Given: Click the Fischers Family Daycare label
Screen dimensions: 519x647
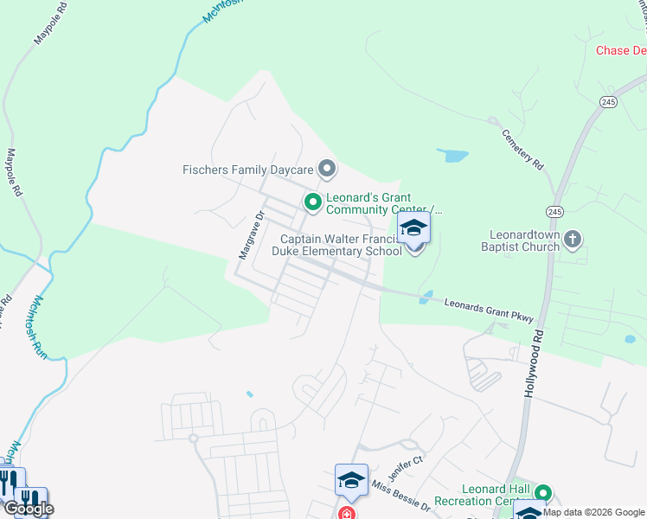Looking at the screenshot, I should pos(247,170).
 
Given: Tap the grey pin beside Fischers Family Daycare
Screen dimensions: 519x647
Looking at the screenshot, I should pos(326,168).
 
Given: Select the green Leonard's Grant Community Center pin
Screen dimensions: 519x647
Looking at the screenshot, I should pos(312,202).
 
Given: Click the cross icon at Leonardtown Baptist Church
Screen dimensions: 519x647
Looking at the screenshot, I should pos(571,240).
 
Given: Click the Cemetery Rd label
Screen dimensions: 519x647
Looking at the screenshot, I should pos(522,149).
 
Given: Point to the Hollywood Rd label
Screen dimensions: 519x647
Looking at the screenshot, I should pos(534,363).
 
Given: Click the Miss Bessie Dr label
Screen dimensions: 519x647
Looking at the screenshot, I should pos(400,494).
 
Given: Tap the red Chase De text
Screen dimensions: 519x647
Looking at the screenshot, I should pos(620,50).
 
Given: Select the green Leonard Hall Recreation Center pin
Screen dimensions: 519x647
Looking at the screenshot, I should pos(542,493).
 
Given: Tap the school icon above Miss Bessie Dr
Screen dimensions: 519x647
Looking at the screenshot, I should pos(351,480).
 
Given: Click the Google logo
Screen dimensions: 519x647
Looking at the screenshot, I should pos(29,509).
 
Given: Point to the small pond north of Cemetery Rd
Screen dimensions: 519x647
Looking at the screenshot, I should pos(453,157).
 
